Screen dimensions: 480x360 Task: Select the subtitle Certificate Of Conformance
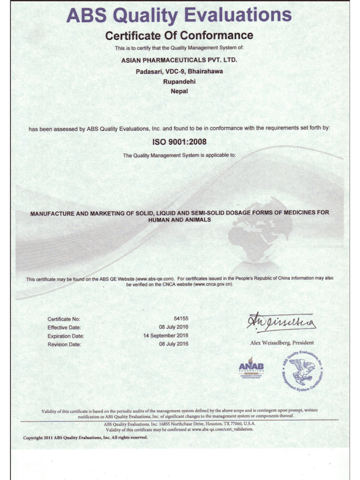point(179,35)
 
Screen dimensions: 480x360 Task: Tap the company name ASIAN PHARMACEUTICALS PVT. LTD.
point(179,60)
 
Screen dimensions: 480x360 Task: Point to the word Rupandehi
point(179,81)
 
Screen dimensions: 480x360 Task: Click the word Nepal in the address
point(179,91)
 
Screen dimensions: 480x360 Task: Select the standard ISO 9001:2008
point(179,142)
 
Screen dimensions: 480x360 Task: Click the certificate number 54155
point(181,318)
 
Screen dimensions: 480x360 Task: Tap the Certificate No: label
point(64,319)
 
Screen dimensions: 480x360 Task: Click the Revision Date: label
point(64,344)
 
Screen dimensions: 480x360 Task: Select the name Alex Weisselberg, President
point(282,343)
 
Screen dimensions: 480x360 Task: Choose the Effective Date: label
point(64,328)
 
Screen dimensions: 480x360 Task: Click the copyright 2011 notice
point(85,438)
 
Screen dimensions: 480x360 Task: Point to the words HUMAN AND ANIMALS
point(179,220)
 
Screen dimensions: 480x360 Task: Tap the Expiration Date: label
point(66,336)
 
